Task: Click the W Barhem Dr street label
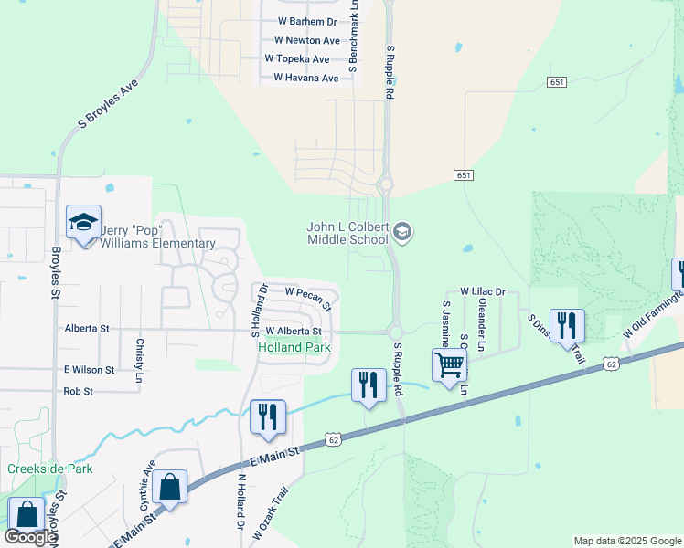[306, 21]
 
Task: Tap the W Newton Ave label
[306, 40]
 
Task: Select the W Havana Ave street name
[302, 79]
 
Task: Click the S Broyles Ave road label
[107, 101]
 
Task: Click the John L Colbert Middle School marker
[402, 233]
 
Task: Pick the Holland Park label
[294, 348]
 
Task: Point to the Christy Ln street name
[140, 353]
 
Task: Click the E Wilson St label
[89, 370]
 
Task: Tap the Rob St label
[79, 391]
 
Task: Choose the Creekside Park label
[49, 469]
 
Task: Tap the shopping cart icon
[449, 364]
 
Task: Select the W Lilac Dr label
[482, 290]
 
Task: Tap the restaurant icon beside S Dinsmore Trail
[567, 324]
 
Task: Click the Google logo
[29, 537]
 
